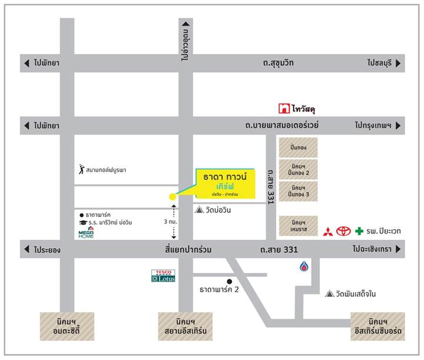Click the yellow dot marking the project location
click(172, 197)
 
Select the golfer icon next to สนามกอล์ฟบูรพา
click(81, 170)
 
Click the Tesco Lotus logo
click(163, 275)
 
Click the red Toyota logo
click(343, 231)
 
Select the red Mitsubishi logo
click(327, 231)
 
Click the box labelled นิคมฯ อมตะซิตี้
click(61, 326)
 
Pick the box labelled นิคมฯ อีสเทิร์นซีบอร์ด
click(377, 326)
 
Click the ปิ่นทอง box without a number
click(298, 147)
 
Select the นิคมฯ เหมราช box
click(298, 226)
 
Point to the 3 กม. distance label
click(168, 222)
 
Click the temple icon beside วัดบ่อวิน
click(198, 209)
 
